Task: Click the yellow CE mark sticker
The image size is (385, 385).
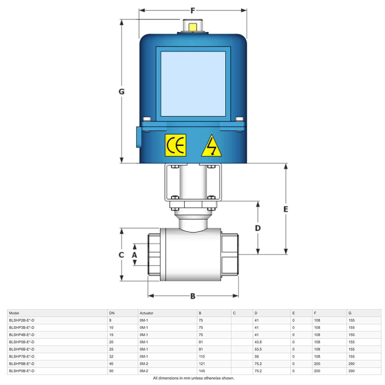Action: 175,145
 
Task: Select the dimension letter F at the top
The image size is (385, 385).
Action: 193,11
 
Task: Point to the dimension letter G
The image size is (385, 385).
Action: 122,92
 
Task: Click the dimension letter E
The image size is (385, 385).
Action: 286,209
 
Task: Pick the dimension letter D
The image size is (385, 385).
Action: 258,228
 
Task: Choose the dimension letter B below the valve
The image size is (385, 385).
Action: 193,296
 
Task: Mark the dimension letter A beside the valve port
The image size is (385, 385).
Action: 135,255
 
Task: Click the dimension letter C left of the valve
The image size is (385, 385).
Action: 121,255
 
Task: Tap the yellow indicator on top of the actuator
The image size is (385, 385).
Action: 193,27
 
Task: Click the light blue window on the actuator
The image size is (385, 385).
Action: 193,84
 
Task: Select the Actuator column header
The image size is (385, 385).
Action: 147,313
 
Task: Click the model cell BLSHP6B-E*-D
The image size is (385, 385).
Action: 22,349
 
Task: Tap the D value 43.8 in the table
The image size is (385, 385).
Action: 258,342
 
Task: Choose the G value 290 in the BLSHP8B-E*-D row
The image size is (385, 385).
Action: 352,364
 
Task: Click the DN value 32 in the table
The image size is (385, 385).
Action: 111,356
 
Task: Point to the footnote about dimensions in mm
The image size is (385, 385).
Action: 193,378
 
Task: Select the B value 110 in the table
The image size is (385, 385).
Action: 202,356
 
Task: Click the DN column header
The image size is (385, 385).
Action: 112,313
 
